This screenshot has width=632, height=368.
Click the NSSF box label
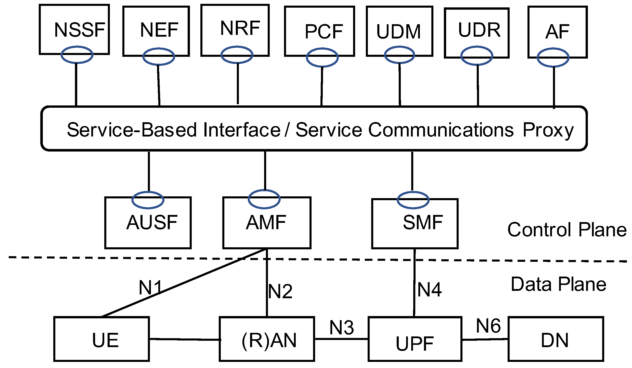(x=80, y=30)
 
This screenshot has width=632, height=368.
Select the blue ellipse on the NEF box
(x=159, y=56)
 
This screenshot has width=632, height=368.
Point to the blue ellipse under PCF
(x=322, y=58)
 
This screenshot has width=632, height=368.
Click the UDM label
(x=398, y=32)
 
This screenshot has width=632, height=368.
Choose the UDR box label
(x=479, y=30)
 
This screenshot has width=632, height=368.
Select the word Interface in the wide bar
(x=242, y=130)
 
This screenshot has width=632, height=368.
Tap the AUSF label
(x=152, y=222)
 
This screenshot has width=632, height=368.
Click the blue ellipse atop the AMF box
(x=264, y=199)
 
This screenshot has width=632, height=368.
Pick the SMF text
(x=423, y=222)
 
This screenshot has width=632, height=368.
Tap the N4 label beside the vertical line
(x=429, y=290)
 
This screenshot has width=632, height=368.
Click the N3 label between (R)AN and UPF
(x=342, y=328)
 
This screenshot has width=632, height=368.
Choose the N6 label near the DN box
(x=488, y=326)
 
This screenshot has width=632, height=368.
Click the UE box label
(x=105, y=340)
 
